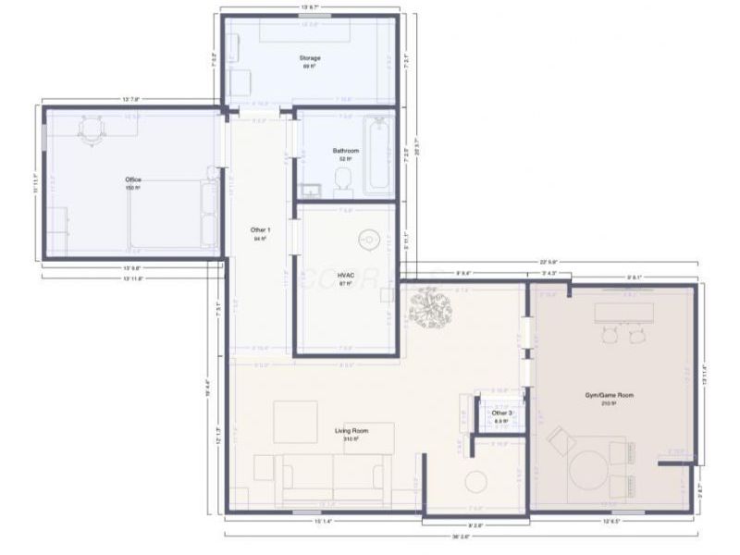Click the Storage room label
click(x=310, y=58)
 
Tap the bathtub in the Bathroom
click(x=377, y=154)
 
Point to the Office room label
click(x=133, y=179)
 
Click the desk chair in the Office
click(x=92, y=129)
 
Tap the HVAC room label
click(x=346, y=276)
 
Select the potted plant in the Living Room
click(x=430, y=307)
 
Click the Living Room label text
click(x=351, y=431)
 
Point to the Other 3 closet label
click(x=501, y=413)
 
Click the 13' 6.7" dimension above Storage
click(x=310, y=7)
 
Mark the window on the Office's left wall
click(x=43, y=138)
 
